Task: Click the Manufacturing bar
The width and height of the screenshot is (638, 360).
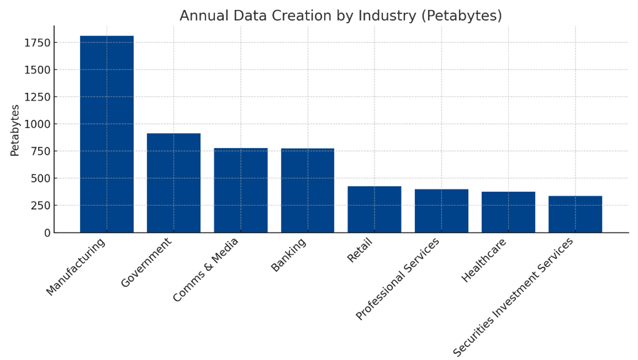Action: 107,134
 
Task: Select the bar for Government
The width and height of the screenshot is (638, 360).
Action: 174,183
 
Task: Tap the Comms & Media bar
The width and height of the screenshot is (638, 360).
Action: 240,190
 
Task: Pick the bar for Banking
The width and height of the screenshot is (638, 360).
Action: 307,190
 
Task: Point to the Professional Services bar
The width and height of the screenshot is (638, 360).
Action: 441,211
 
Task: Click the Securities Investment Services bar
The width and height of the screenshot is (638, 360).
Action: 575,214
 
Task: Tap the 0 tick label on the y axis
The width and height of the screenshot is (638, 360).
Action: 46,233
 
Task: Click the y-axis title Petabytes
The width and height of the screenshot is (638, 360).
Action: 15,130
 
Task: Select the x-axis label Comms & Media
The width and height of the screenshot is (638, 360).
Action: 206,270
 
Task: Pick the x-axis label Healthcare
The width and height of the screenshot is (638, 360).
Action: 484,260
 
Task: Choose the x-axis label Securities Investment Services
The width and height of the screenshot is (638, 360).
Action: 513,297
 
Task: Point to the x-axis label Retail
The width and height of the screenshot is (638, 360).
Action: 360,250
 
